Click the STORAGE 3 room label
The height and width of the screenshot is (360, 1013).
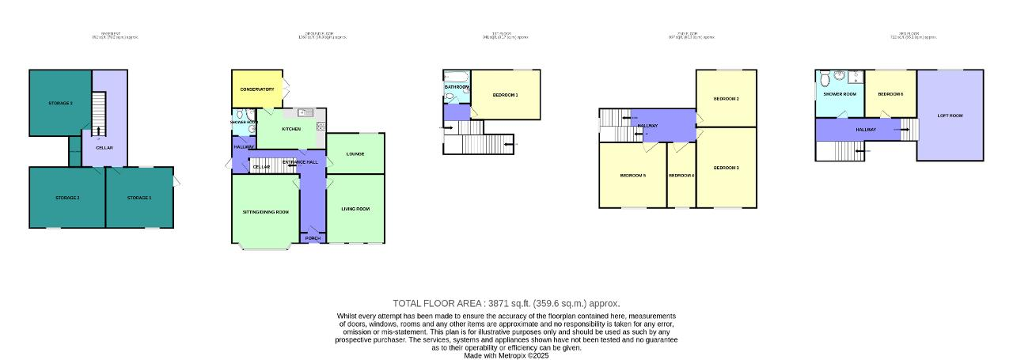point(60,104)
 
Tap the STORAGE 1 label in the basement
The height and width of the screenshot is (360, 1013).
point(138,197)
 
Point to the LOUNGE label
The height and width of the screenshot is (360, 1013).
point(355,153)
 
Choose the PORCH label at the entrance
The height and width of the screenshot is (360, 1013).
point(313,237)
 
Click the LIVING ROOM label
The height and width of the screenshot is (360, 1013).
point(355,209)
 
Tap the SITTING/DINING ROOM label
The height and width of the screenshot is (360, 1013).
point(265,213)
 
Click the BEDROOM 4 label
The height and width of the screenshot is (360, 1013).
point(681,175)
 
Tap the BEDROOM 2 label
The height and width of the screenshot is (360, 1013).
point(726,99)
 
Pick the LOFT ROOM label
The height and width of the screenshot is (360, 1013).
point(950,116)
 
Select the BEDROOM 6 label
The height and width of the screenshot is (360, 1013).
point(890,94)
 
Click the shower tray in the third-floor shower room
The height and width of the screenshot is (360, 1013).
point(854,78)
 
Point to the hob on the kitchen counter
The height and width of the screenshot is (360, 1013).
point(321,127)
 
